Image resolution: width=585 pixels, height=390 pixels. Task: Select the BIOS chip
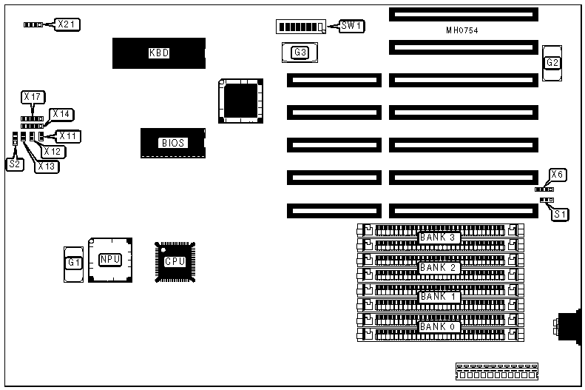pyautogui.click(x=172, y=143)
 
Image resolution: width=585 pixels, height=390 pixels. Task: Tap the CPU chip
pyautogui.click(x=175, y=261)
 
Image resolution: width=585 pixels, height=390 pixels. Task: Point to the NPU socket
pyautogui.click(x=110, y=260)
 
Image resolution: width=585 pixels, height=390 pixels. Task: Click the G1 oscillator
pyautogui.click(x=73, y=262)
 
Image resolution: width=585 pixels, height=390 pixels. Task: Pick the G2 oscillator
pyautogui.click(x=552, y=63)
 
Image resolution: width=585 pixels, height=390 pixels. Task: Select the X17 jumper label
pyautogui.click(x=33, y=96)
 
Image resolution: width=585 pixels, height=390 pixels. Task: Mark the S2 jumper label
pyautogui.click(x=15, y=164)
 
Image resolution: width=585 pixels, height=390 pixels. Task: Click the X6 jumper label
pyautogui.click(x=558, y=175)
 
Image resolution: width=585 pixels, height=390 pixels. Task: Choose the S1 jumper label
pyautogui.click(x=561, y=215)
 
